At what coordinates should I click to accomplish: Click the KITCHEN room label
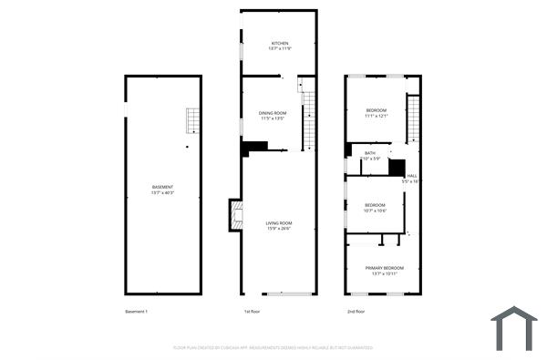279,44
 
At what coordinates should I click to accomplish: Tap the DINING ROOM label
273,112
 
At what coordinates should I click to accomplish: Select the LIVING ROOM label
278,223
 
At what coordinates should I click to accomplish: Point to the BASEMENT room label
162,187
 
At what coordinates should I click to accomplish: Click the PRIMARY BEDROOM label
384,268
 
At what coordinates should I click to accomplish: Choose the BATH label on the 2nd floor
369,153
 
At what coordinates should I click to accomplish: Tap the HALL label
412,176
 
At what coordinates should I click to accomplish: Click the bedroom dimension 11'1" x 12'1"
377,117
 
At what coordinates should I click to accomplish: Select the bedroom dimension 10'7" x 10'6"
376,211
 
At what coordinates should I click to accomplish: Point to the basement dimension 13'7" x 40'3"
162,192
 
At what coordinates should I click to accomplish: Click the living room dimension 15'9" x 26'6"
278,229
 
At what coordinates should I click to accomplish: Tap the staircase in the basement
192,120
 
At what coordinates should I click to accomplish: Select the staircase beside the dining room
309,119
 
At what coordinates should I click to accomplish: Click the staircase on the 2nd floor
413,118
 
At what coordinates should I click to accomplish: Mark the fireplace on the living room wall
236,215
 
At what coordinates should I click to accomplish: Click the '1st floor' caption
253,312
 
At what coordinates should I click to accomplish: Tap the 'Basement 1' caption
136,312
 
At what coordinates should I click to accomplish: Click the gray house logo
513,327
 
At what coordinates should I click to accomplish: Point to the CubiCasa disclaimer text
273,347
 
